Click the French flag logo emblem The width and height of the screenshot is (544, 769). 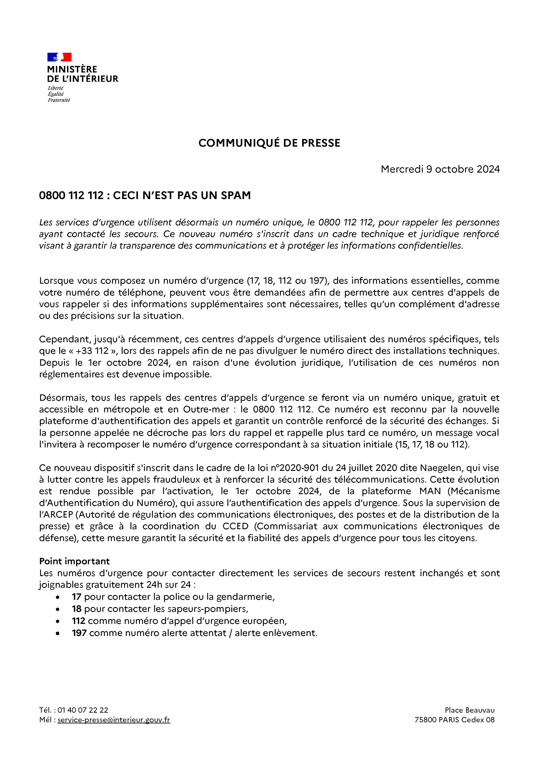pos(59,57)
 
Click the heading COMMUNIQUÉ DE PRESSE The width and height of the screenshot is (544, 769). pos(269,143)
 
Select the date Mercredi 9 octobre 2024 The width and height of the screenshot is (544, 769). pos(440,169)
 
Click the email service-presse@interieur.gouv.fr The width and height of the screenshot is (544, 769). pos(114,719)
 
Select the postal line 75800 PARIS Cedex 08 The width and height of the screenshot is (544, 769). pos(454,719)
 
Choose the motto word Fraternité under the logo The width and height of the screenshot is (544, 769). pos(59,100)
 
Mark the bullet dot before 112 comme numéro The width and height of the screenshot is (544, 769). pos(58,621)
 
